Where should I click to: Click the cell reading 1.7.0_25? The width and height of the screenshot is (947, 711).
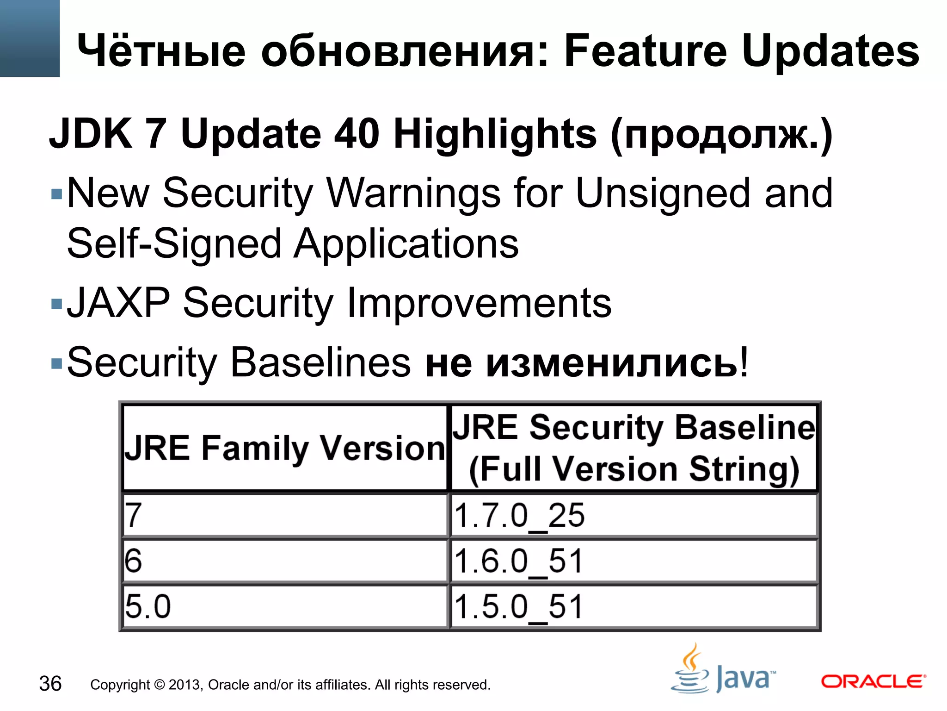point(633,516)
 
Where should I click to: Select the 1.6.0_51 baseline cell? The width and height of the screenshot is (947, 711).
point(633,561)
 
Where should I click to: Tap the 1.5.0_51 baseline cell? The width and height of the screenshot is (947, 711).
point(633,606)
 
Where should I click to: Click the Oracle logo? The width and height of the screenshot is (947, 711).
point(873,681)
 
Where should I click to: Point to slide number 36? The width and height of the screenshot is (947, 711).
point(50,684)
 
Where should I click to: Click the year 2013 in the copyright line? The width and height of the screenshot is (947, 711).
point(184,685)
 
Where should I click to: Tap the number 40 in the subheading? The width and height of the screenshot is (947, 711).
point(357,134)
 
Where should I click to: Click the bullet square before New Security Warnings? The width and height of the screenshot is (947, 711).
point(56,193)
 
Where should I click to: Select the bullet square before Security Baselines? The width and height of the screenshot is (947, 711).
point(56,363)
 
